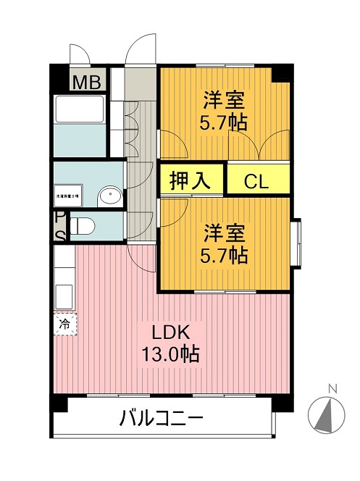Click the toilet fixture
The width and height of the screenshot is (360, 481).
82,226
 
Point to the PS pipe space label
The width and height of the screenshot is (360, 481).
59,225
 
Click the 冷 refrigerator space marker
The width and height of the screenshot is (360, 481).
64,324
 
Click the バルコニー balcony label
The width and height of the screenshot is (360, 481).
161,418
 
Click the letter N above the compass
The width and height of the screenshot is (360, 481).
332,388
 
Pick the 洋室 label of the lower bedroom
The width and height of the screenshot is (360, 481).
224,233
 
